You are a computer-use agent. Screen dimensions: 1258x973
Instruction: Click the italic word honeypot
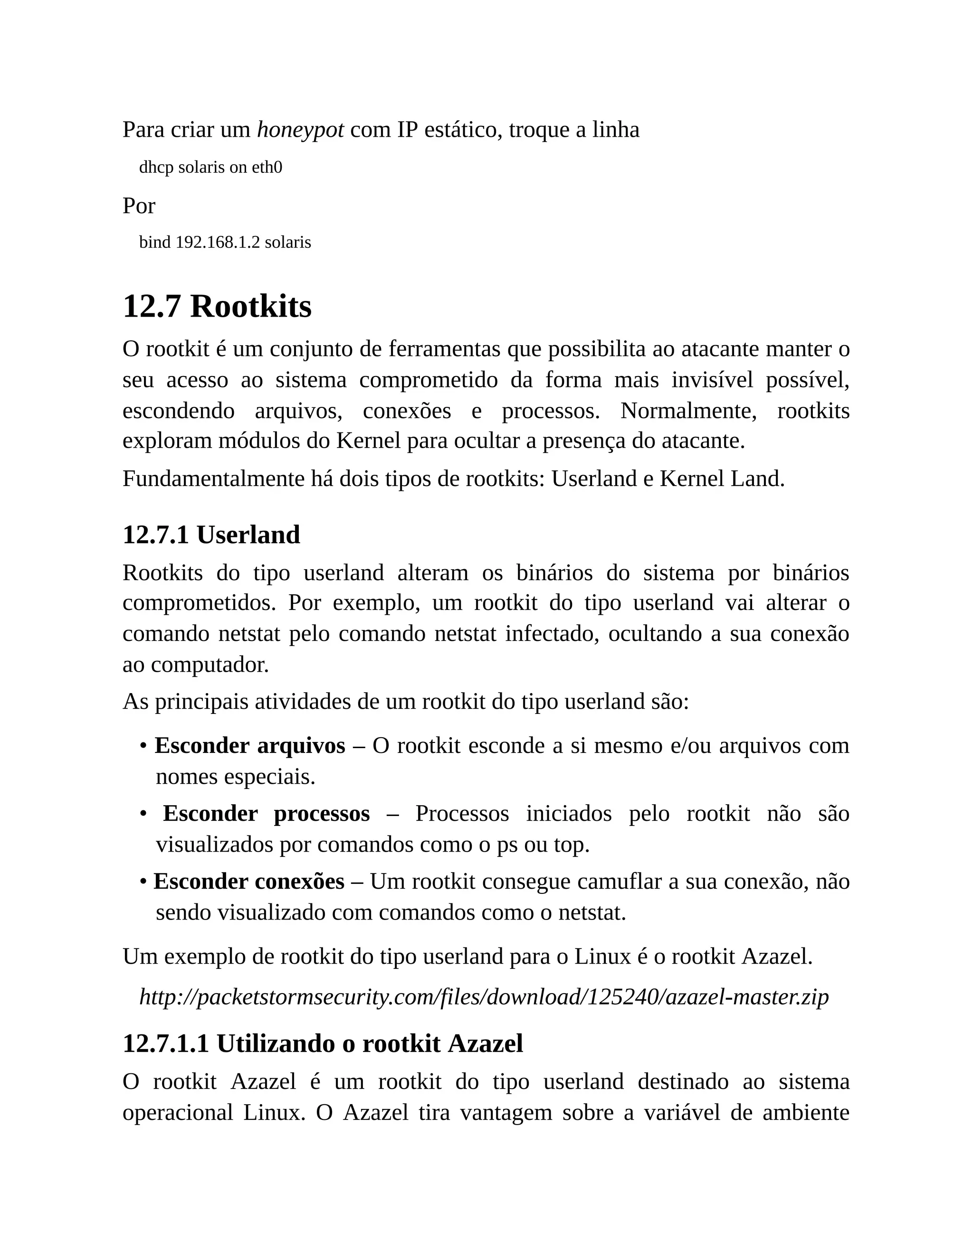click(x=300, y=130)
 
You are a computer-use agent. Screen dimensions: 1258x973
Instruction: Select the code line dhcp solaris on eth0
click(x=210, y=168)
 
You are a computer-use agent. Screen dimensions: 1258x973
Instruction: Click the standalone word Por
click(x=139, y=206)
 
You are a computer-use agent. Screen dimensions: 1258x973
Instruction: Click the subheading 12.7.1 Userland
click(x=211, y=535)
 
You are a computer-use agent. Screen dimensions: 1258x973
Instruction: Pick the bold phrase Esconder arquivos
click(x=249, y=745)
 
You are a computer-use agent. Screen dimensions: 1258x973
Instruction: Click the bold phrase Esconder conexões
click(x=248, y=881)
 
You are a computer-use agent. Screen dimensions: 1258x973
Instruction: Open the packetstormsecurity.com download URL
click(x=484, y=996)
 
